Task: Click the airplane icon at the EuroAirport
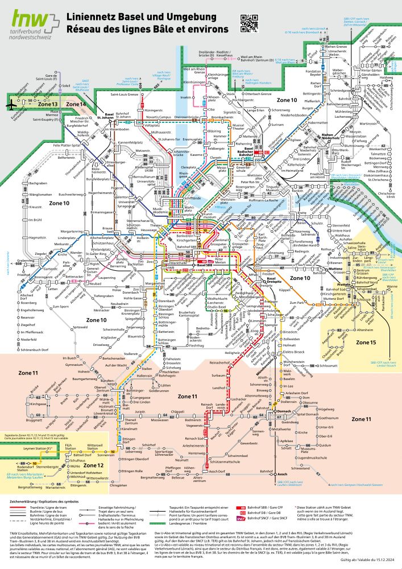pyautogui.click(x=11, y=104)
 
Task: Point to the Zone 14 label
pyautogui.click(x=76, y=105)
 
